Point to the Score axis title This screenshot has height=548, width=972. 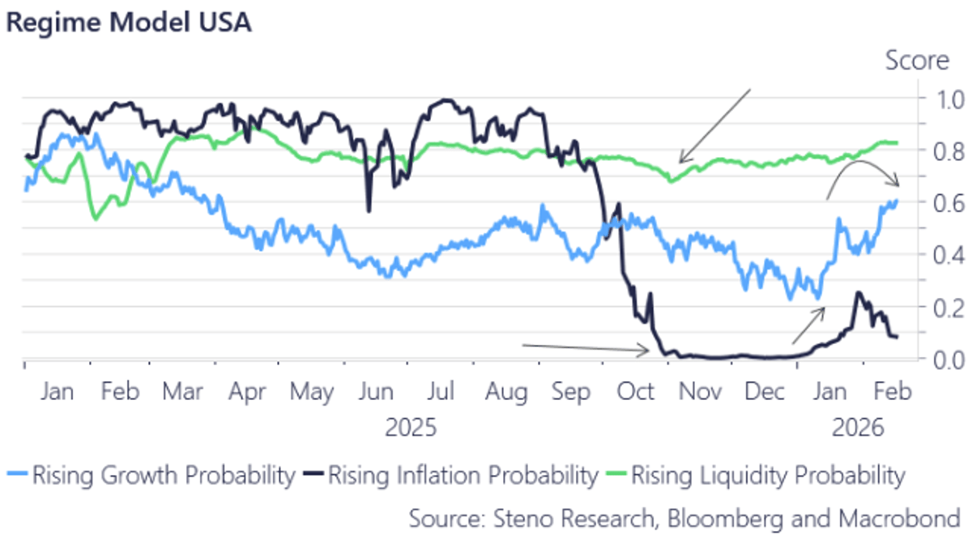point(916,61)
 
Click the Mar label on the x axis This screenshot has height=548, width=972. point(182,392)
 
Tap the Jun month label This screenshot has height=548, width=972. point(376,392)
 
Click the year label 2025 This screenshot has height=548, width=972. point(411,427)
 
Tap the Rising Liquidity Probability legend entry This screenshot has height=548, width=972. point(766,475)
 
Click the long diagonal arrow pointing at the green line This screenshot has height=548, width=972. point(715,126)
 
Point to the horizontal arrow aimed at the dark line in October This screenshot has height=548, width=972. point(585,348)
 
